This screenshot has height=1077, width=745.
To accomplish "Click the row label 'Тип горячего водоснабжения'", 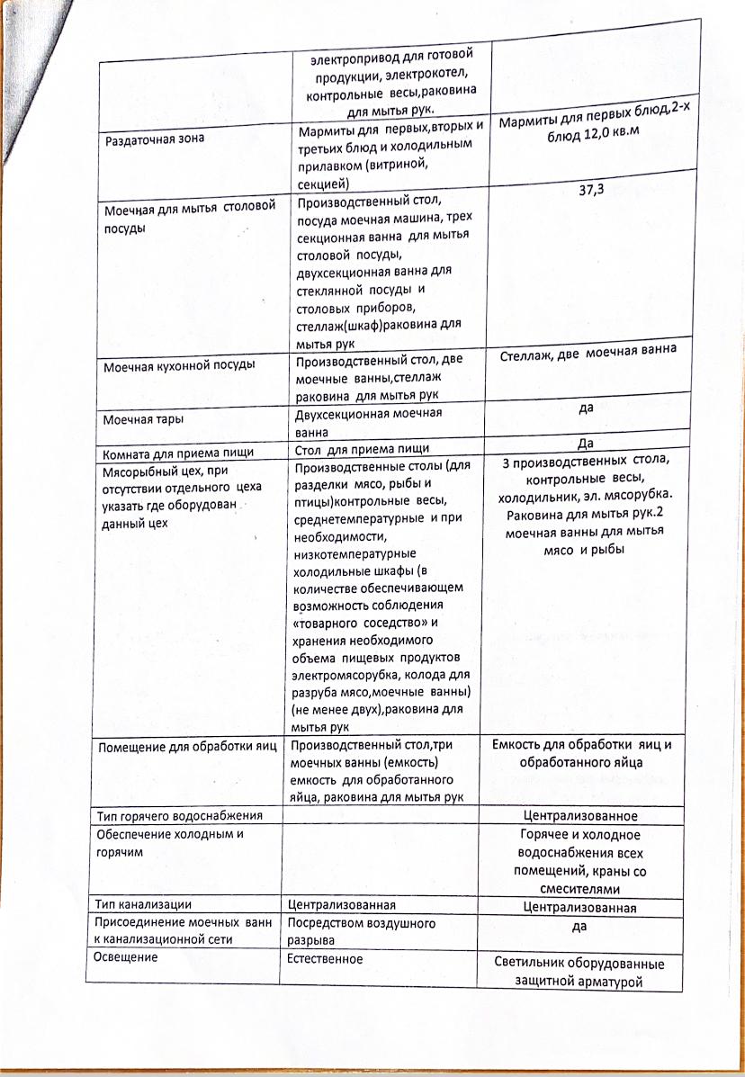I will click(179, 816).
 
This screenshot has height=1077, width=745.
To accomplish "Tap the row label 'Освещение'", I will click(126, 958).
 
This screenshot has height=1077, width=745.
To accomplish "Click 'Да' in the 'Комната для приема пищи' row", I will click(585, 443).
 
